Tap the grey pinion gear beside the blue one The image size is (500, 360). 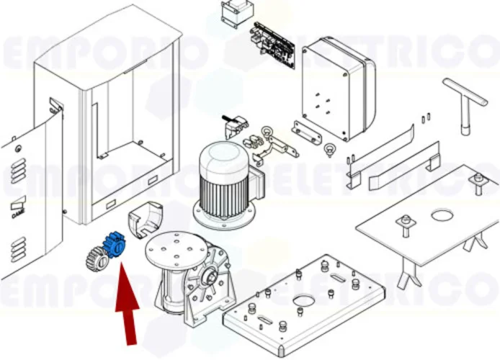pos(95,256)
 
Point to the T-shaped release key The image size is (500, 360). pos(465,101)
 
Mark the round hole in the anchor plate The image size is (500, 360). pos(442,215)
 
